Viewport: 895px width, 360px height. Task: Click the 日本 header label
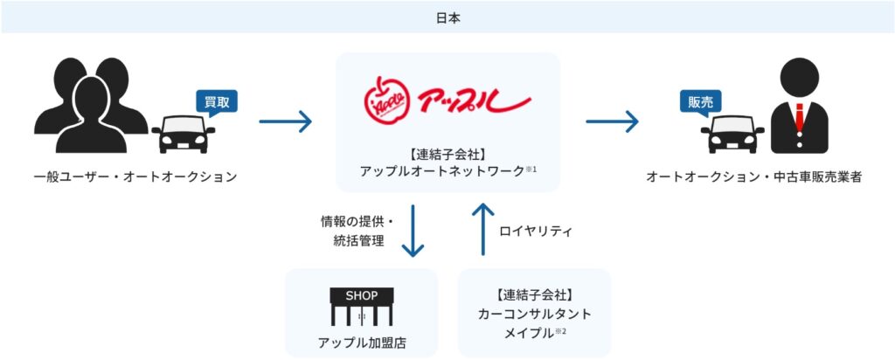point(447,16)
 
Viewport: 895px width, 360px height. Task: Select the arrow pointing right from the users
point(286,121)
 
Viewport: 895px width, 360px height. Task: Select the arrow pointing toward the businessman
point(612,121)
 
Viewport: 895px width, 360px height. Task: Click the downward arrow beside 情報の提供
point(413,232)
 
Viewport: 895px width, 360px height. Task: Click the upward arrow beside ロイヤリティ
point(482,231)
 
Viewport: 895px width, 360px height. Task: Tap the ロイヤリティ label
point(535,232)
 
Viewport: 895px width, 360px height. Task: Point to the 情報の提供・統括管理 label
point(356,232)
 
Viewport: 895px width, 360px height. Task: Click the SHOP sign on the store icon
point(361,295)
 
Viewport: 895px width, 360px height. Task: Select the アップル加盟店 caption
point(361,342)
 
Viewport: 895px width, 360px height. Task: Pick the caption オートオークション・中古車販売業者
point(753,177)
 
